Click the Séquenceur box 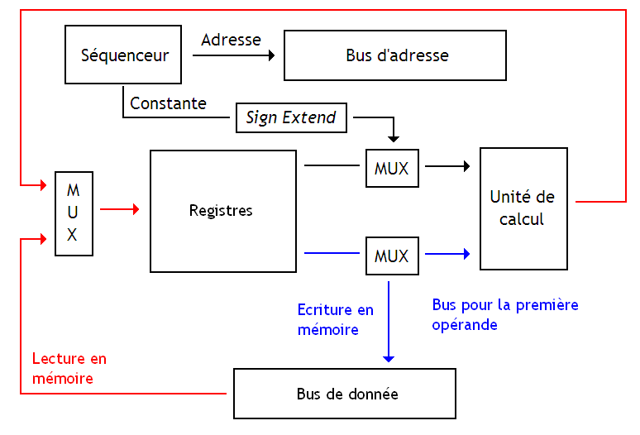click(124, 55)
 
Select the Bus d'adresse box click(395, 55)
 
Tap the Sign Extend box click(291, 117)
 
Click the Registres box click(222, 211)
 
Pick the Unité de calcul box click(523, 208)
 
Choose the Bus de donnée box click(345, 394)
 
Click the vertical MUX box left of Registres click(73, 213)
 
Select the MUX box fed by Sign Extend click(392, 168)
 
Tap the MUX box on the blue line click(392, 256)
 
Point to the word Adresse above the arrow click(231, 40)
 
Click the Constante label click(168, 103)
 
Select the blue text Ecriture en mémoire click(335, 319)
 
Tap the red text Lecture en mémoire click(69, 368)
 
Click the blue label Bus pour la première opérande click(504, 314)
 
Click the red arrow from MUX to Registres click(120, 210)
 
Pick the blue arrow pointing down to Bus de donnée click(389, 323)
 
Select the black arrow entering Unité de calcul click(447, 166)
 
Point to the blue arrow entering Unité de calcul click(447, 254)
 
